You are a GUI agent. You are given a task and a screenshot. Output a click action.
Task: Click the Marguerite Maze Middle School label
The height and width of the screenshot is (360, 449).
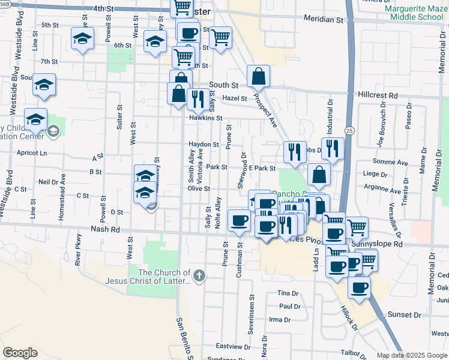(416, 13)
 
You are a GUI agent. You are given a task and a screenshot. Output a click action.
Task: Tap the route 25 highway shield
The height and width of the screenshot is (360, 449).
(349, 129)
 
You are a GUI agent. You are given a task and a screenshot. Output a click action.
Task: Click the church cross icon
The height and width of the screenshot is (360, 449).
(199, 276)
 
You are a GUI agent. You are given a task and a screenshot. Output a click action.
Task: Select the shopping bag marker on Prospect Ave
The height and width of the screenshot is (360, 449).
(258, 77)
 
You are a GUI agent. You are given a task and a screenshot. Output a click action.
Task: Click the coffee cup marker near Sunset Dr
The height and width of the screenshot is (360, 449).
(360, 288)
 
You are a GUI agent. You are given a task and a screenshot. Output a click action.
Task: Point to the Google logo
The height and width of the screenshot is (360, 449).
(20, 353)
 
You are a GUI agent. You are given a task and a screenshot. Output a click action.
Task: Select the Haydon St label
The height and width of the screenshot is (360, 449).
(204, 145)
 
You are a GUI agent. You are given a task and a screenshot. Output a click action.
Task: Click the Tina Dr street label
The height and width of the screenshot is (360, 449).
(288, 293)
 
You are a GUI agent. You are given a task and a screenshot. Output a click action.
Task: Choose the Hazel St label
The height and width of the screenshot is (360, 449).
(235, 98)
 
